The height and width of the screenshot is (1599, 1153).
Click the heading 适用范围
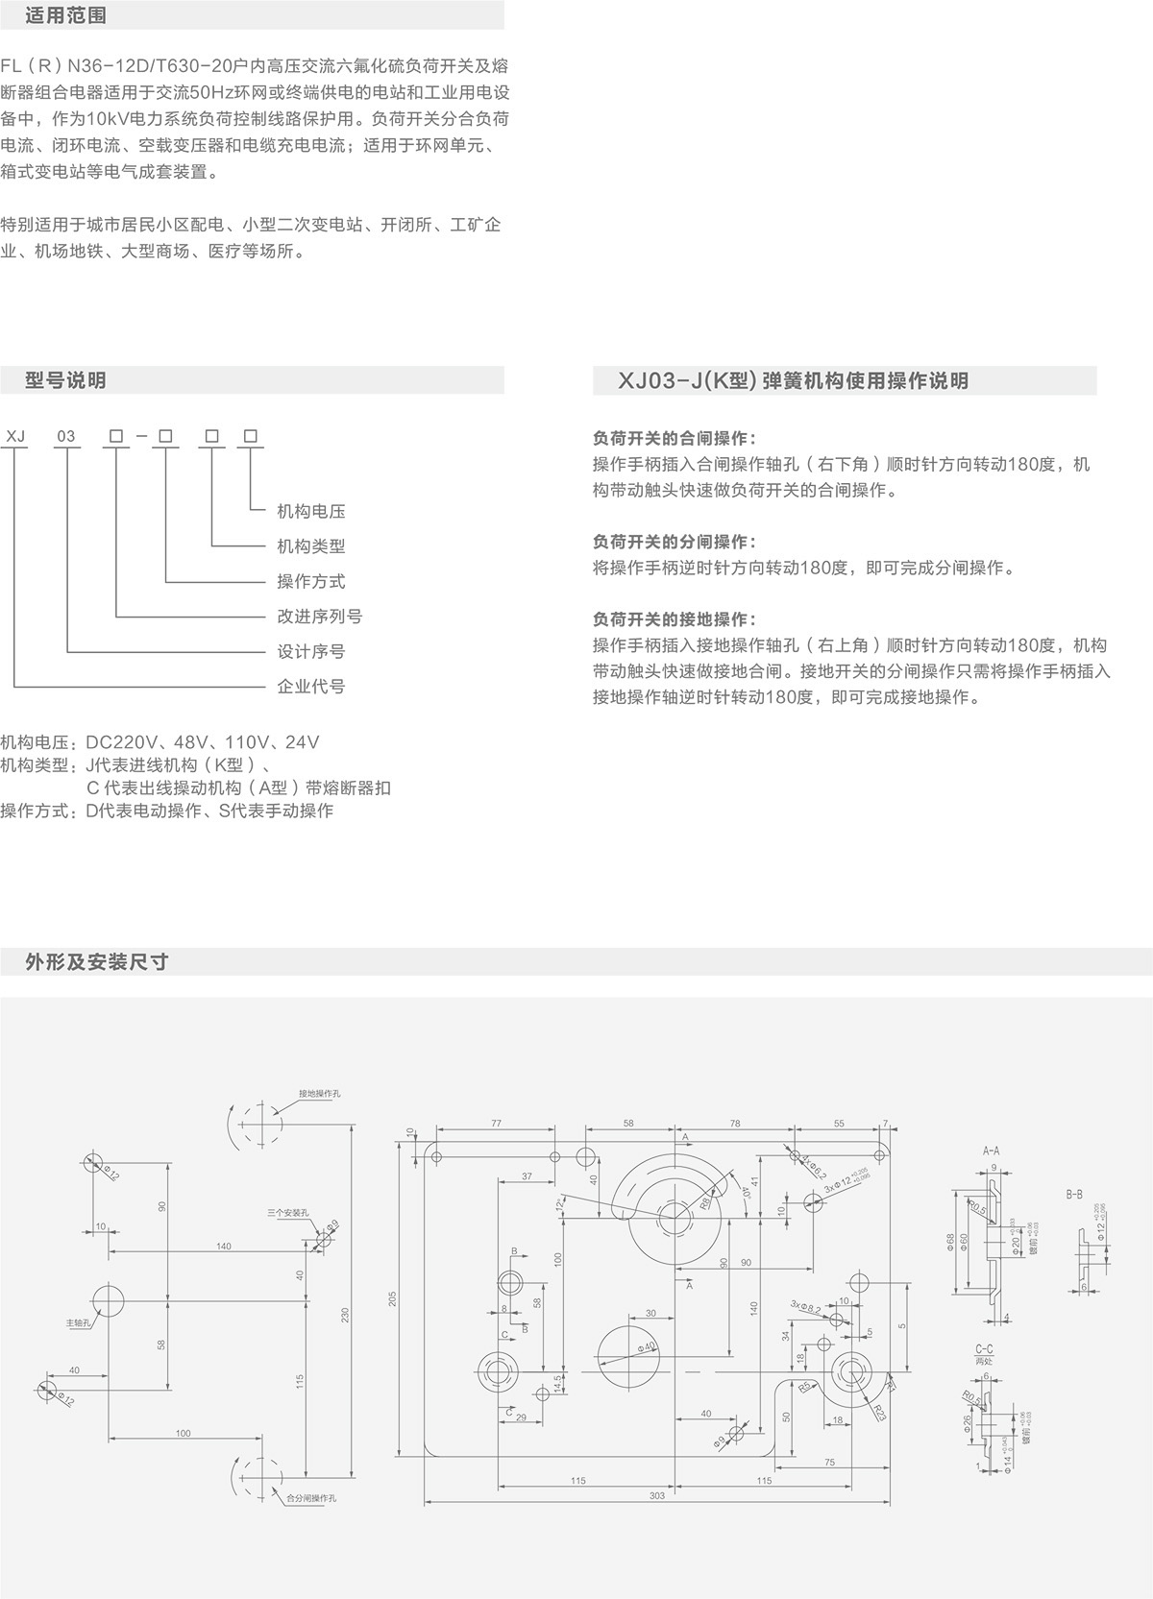coord(65,16)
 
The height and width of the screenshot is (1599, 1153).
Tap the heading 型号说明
coord(65,380)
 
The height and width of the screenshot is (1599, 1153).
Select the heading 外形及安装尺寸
coord(97,961)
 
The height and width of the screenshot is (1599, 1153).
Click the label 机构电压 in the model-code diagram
coord(310,511)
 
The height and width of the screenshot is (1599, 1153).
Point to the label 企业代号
coord(310,686)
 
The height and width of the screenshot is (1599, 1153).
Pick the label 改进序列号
coord(319,616)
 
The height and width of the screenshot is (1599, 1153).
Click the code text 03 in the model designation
coord(65,436)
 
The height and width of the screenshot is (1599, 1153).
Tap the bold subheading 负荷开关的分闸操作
coord(674,542)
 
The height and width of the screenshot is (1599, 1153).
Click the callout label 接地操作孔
coord(319,1094)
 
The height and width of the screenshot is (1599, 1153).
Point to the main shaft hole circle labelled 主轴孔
coord(109,1301)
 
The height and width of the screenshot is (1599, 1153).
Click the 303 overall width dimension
coord(656,1495)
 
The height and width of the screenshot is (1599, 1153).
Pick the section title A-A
coord(991,1150)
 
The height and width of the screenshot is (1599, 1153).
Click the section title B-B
coord(1073,1194)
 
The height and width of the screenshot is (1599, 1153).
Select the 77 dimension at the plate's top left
coord(496,1123)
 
